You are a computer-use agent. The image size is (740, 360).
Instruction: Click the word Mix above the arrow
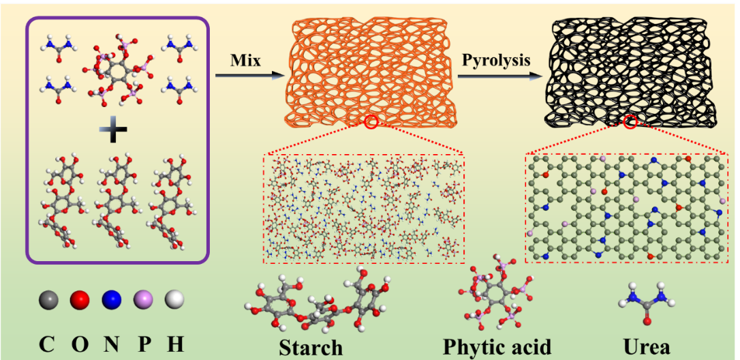pos(246,60)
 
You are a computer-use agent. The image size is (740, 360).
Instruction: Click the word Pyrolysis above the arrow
pos(496,60)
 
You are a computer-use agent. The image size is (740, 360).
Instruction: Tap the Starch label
pos(311,347)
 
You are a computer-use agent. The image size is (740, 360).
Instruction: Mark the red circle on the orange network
pos(371,122)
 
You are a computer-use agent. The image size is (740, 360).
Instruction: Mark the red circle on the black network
pos(631,122)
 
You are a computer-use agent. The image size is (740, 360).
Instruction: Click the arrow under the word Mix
pos(248,76)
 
